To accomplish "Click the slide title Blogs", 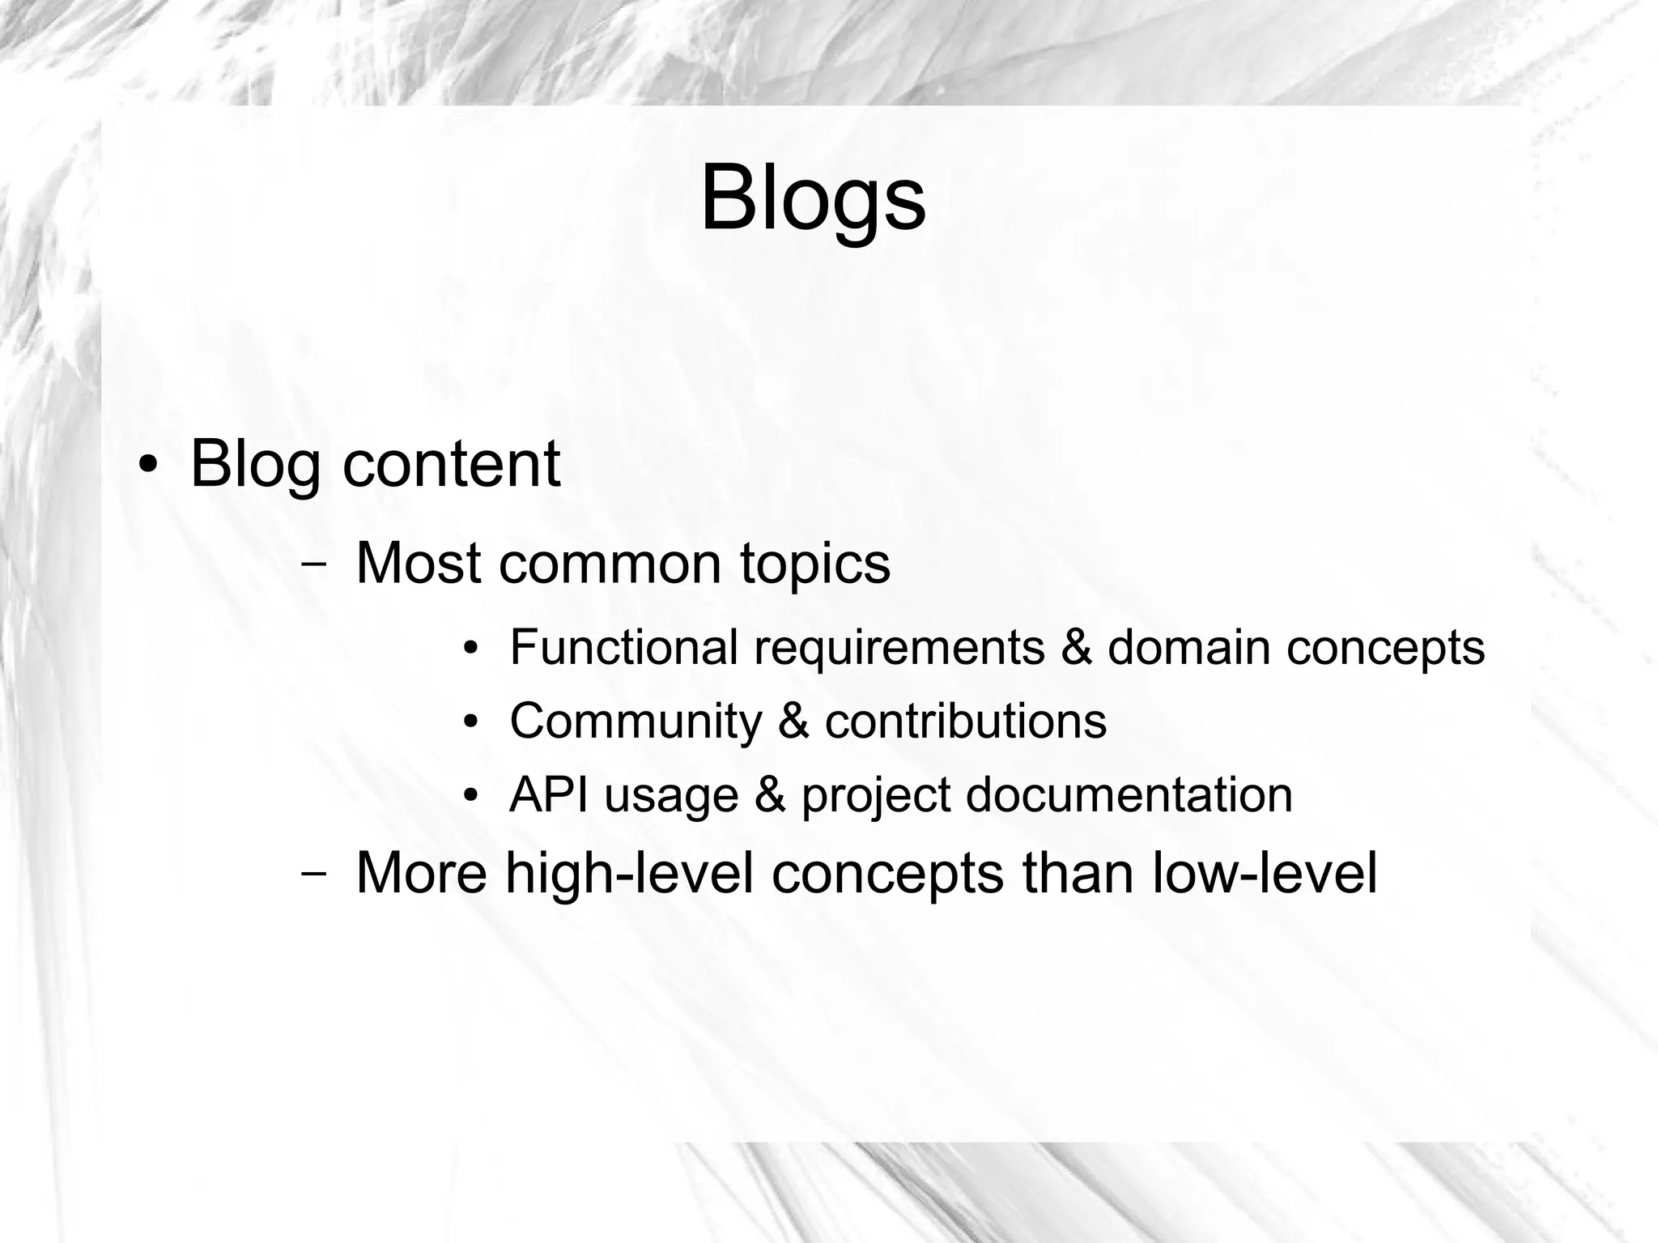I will (813, 199).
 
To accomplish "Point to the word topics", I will (814, 564).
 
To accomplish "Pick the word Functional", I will (623, 647).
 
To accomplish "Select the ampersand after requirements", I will (1076, 647).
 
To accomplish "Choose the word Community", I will (636, 721).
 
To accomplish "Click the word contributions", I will (965, 721).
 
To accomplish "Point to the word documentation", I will (1129, 794).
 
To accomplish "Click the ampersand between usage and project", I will (770, 794).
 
